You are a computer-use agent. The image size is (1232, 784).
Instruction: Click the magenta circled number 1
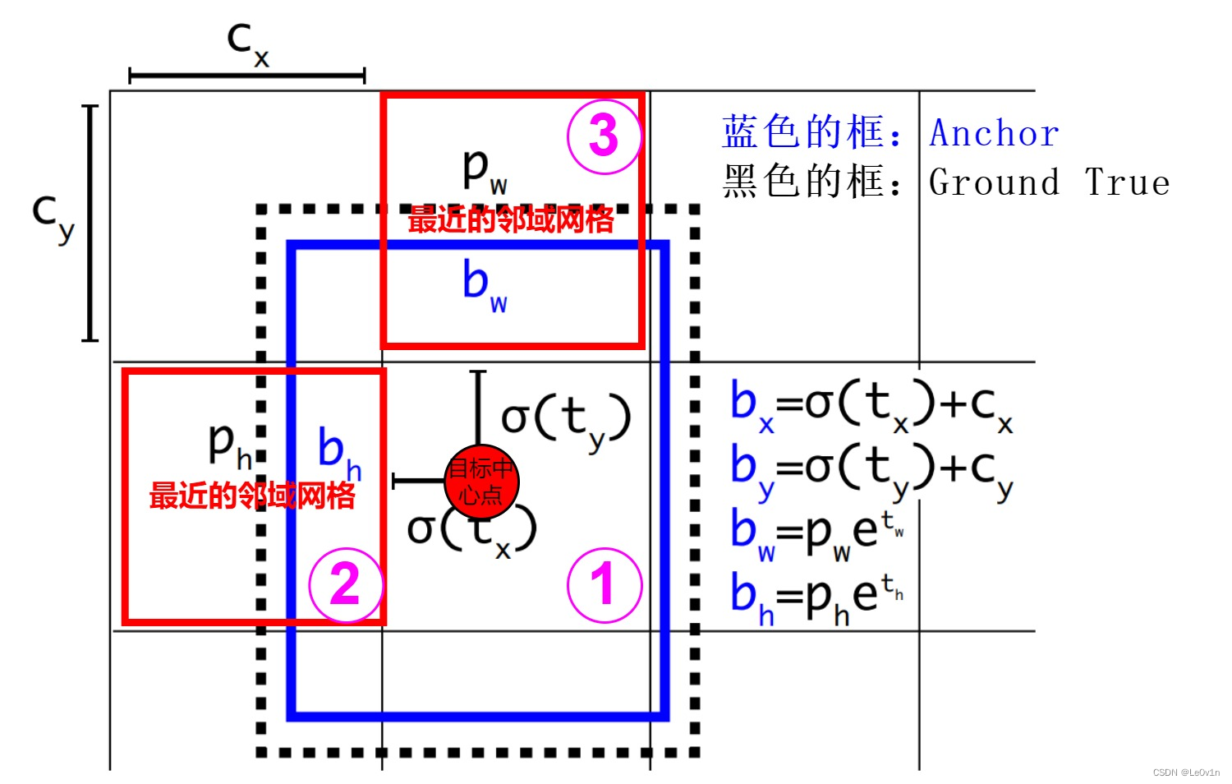click(604, 585)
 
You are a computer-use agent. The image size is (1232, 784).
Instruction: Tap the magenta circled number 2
click(346, 585)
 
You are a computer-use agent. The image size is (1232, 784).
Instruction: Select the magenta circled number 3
click(604, 136)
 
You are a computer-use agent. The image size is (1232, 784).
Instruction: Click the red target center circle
click(481, 482)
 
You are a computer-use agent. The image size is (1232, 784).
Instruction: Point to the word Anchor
click(994, 133)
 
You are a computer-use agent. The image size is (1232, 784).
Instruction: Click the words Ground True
click(1049, 182)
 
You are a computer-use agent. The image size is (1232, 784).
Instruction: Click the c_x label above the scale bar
click(247, 43)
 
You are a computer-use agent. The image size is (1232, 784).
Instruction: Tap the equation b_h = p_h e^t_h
click(817, 597)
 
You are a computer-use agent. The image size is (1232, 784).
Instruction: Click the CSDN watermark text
click(1186, 772)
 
